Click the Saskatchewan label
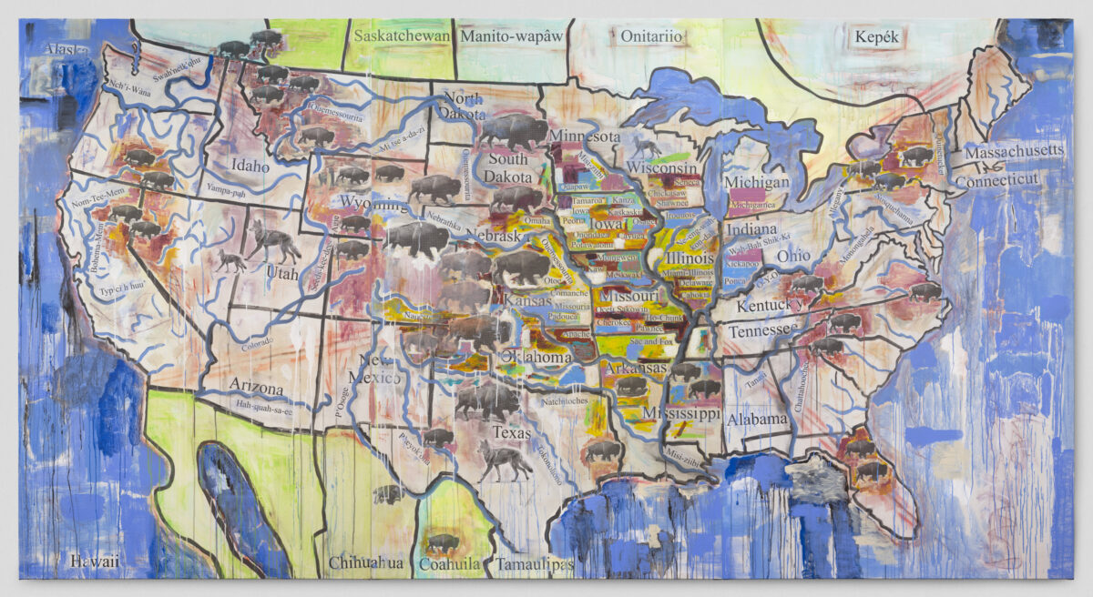(x=402, y=36)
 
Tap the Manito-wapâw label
(x=512, y=36)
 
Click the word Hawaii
(x=94, y=562)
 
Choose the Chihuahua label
(x=366, y=562)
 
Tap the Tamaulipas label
(x=535, y=565)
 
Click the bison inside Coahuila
(x=444, y=543)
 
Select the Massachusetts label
(x=1014, y=150)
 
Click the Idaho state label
(x=250, y=167)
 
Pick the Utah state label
(x=281, y=271)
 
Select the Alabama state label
(x=757, y=419)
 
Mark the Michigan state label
(x=757, y=182)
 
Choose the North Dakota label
(x=463, y=106)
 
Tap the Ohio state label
(x=793, y=255)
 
